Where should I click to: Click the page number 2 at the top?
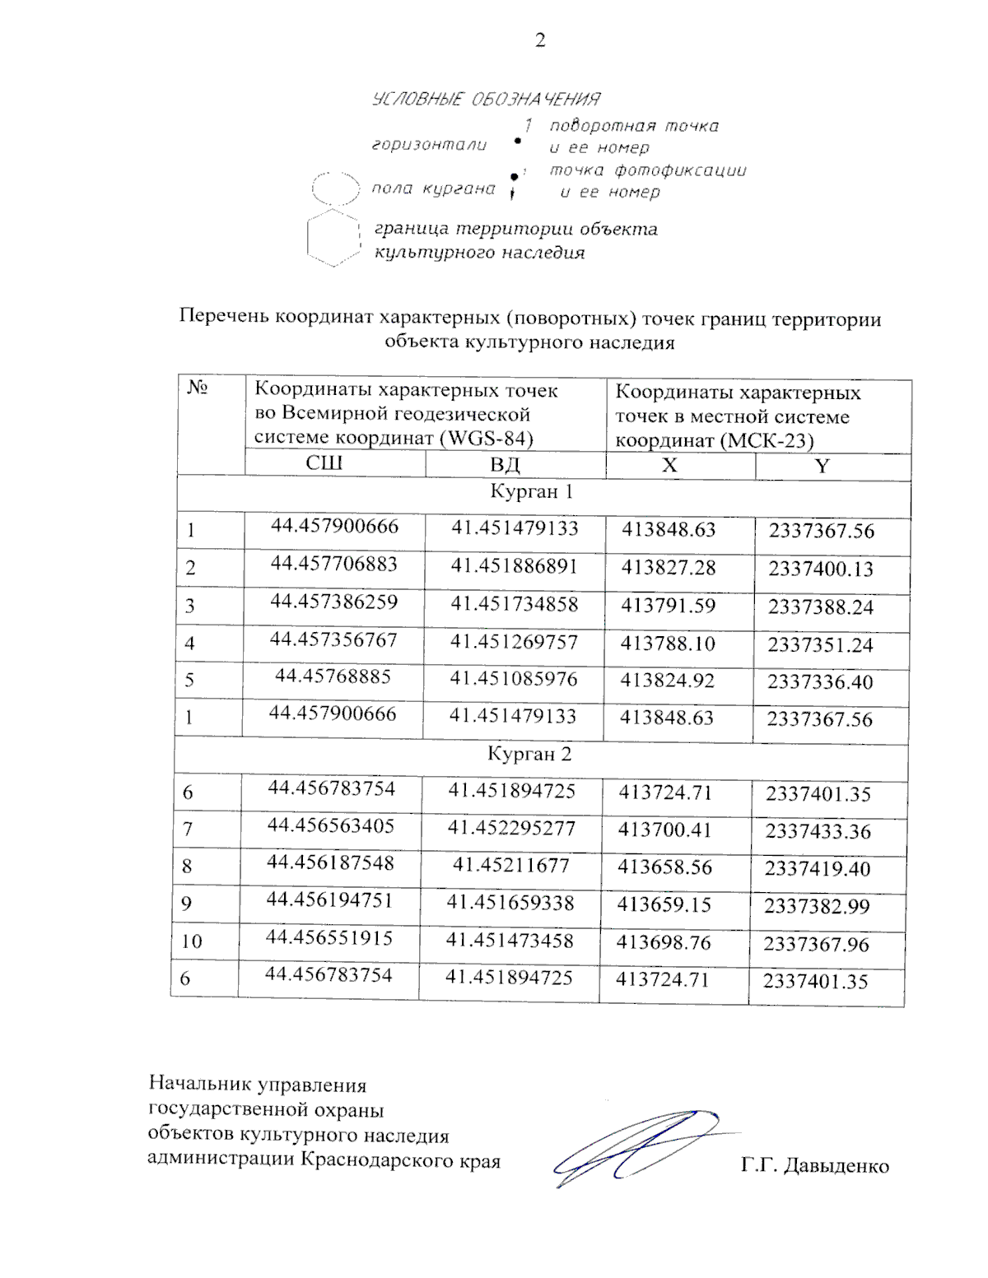540,40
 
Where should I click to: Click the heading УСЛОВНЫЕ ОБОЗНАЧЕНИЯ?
486,100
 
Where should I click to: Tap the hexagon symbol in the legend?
333,240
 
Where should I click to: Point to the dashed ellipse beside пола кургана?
336,189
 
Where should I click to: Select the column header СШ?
324,462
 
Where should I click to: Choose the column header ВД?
505,464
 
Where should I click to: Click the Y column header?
822,466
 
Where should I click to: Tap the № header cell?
197,387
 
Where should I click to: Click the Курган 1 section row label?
531,492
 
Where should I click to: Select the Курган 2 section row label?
529,754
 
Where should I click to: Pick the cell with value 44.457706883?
333,564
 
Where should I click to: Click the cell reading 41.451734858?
514,604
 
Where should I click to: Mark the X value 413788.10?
668,644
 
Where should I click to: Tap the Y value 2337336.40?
820,682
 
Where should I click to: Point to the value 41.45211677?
510,865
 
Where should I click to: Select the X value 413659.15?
664,904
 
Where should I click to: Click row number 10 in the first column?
191,941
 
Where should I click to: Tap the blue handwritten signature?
638,1146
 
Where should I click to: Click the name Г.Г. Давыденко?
814,1166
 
